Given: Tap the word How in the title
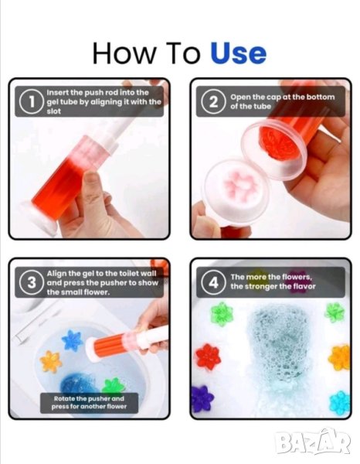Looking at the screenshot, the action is (x=124, y=53).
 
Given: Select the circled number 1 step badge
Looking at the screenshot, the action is (x=32, y=101).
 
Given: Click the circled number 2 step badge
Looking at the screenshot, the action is (x=214, y=102).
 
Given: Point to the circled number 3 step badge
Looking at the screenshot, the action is (x=32, y=282).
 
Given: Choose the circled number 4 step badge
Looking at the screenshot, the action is (x=214, y=282).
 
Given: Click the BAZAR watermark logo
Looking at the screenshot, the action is (x=312, y=442).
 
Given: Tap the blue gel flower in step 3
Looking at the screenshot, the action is (x=72, y=340).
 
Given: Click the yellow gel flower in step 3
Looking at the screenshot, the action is (x=51, y=361).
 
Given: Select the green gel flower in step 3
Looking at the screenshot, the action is (x=114, y=387).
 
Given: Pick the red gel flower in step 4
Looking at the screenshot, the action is (x=209, y=357).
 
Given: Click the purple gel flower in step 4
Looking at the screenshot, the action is (x=202, y=399).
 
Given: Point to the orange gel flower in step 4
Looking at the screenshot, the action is (x=339, y=358).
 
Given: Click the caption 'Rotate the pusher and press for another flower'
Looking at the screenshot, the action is (x=89, y=402).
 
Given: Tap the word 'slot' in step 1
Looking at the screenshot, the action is (x=54, y=111).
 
